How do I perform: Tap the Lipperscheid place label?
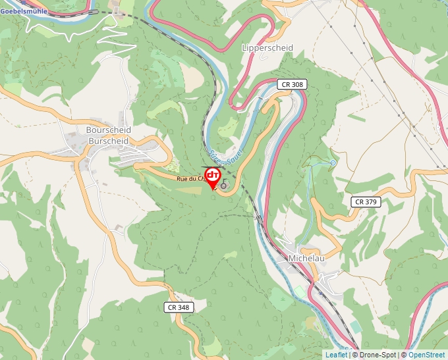pyautogui.click(x=267, y=48)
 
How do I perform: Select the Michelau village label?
pyautogui.click(x=306, y=259)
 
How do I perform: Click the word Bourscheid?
pyautogui.click(x=109, y=130)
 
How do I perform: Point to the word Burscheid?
pyautogui.click(x=109, y=140)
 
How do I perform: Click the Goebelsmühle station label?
pyautogui.click(x=24, y=11)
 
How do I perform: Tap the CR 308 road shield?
pyautogui.click(x=291, y=84)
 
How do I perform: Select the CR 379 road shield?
pyautogui.click(x=364, y=201)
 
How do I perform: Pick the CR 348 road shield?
pyautogui.click(x=179, y=307)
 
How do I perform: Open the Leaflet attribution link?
pyautogui.click(x=336, y=355)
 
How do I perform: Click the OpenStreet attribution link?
pyautogui.click(x=427, y=355)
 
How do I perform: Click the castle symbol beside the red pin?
pyautogui.click(x=224, y=186)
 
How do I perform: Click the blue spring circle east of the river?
pyautogui.click(x=333, y=162)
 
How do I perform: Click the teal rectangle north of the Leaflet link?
pyautogui.click(x=356, y=327)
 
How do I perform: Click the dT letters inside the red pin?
pyautogui.click(x=213, y=175)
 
